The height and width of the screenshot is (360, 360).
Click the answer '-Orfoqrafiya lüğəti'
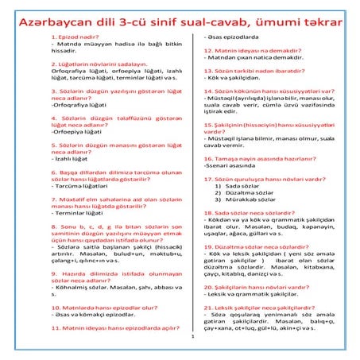(76, 104)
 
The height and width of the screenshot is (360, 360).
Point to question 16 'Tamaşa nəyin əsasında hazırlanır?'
(257, 159)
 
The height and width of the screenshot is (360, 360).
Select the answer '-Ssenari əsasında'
(235, 168)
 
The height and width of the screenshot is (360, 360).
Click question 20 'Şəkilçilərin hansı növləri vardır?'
(256, 287)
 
